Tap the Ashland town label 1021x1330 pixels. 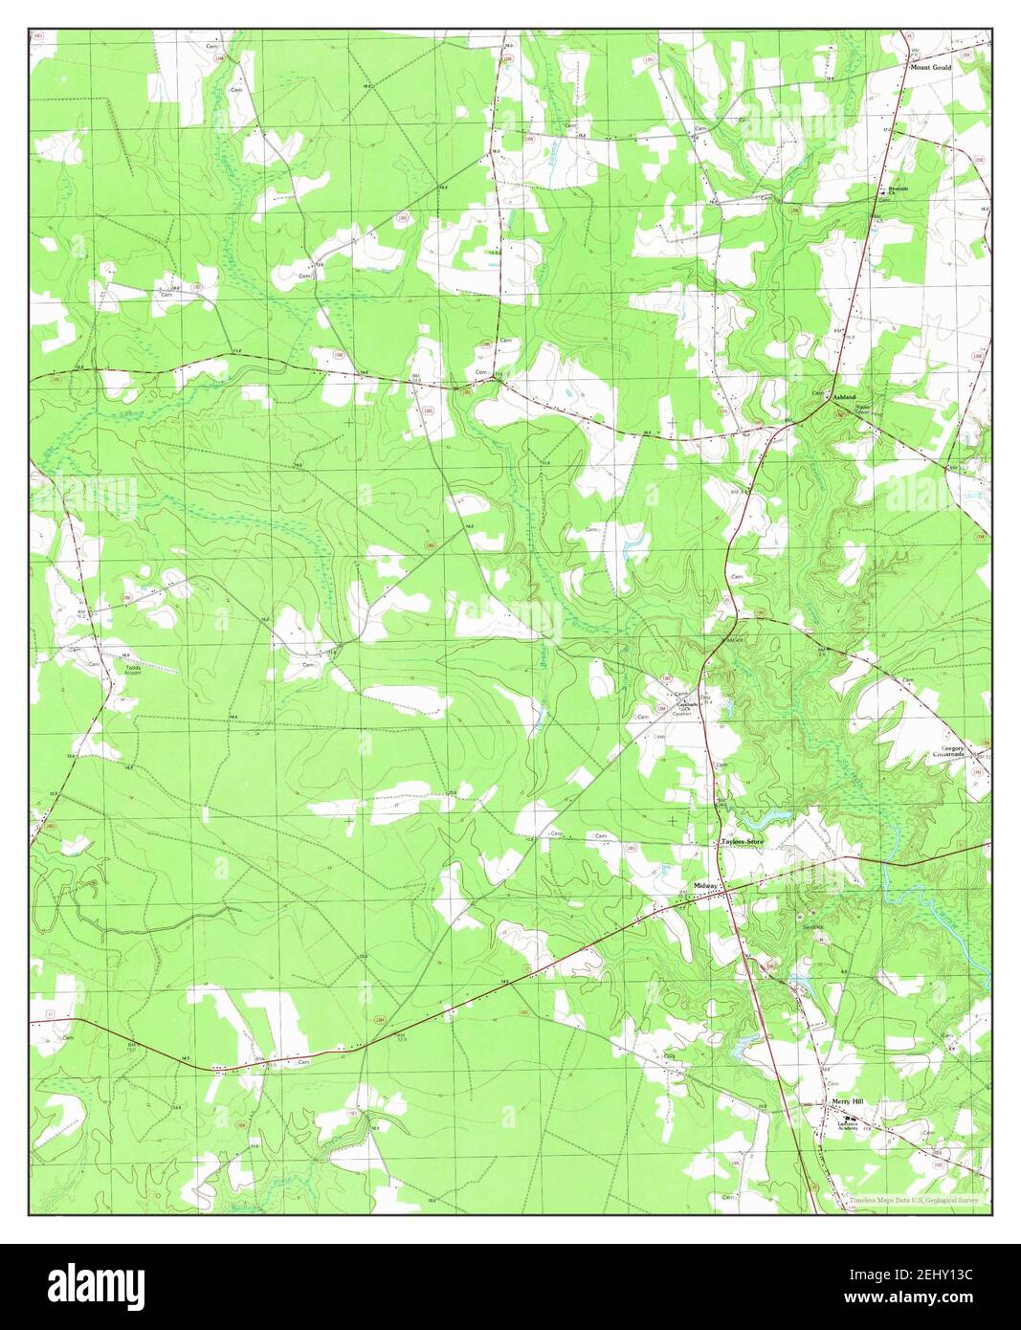coord(844,396)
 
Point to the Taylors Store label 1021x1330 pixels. coord(746,842)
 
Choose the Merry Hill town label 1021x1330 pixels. coord(847,1102)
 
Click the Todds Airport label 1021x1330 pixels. coord(127,670)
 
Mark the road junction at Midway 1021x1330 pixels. coord(725,890)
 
